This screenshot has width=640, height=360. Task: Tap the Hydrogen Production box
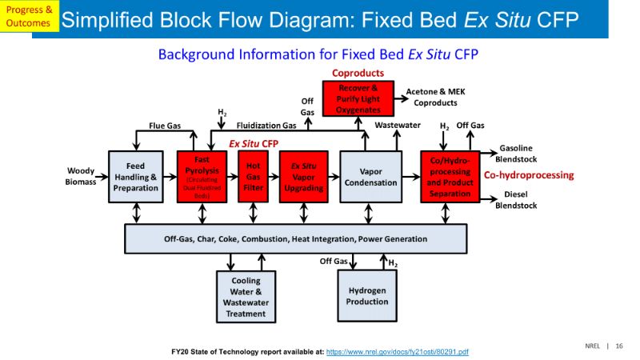pyautogui.click(x=366, y=296)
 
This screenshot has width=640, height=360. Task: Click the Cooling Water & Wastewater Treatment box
pyautogui.click(x=246, y=297)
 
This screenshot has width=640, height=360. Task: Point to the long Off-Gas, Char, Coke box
pyautogui.click(x=295, y=238)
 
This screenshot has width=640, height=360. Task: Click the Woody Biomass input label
pyautogui.click(x=80, y=176)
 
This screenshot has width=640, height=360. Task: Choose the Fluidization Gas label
pyautogui.click(x=266, y=126)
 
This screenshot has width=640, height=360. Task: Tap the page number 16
pyautogui.click(x=619, y=346)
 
